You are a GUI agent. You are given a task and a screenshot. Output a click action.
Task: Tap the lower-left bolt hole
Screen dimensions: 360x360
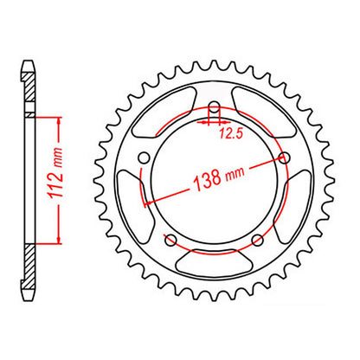(170, 239)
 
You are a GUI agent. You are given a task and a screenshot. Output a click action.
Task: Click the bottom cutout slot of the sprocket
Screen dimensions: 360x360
(214, 259)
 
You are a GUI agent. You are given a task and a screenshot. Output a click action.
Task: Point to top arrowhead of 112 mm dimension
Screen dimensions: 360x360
(59, 118)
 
